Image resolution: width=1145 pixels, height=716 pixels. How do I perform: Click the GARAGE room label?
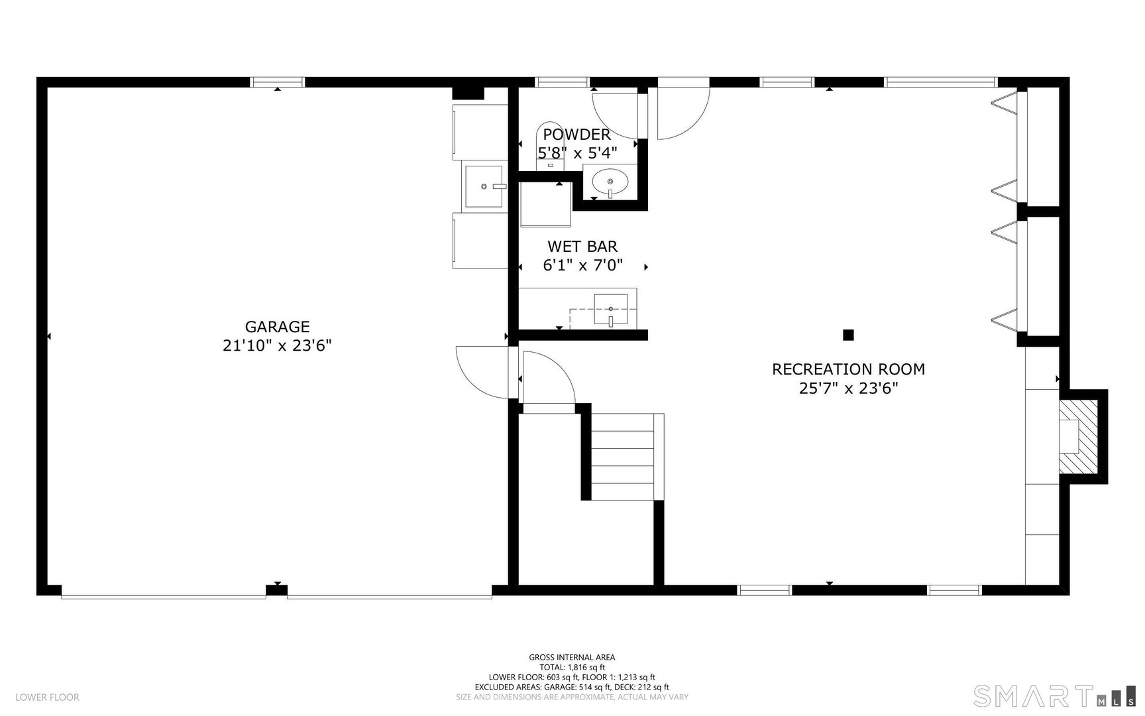point(277,327)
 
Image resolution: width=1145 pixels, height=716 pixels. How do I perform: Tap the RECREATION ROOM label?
point(848,369)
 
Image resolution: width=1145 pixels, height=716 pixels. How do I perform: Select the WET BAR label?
point(582,247)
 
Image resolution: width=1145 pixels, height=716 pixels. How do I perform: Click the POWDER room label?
point(576,135)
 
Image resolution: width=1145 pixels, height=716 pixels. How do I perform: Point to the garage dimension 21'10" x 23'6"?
point(277,345)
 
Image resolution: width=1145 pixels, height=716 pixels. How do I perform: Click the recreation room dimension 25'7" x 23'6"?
point(848,388)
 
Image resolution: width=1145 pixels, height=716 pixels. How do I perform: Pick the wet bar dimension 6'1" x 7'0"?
point(582,266)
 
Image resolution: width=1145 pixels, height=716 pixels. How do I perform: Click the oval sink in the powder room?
point(610,180)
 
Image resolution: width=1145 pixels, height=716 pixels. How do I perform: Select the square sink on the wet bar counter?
point(610,310)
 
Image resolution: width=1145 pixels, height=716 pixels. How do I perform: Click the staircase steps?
point(623,456)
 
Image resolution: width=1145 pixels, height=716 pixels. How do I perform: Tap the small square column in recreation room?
point(848,335)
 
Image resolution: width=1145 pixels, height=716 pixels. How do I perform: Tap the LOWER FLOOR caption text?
point(47,697)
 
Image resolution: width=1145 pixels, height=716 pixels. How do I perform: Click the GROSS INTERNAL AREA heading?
point(572,658)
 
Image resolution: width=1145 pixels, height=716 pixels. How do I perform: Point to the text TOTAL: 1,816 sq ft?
point(572,668)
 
